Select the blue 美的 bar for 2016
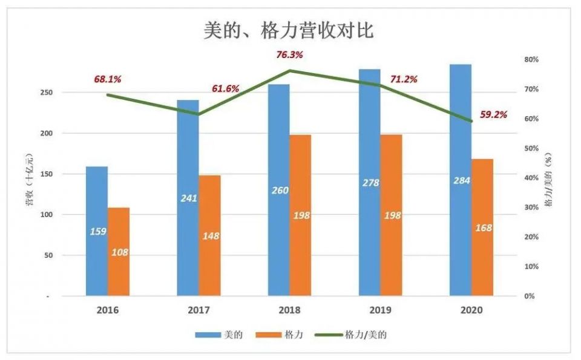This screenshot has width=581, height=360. [97, 200]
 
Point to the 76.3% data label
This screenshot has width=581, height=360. [289, 55]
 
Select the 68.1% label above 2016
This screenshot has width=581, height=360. [108, 79]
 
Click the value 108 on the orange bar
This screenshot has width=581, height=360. [119, 252]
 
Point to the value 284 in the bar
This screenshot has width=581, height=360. [461, 180]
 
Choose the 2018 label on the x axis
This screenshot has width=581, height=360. [289, 310]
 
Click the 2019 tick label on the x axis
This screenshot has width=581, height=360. [380, 310]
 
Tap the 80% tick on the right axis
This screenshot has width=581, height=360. [531, 59]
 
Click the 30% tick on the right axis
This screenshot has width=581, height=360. [531, 208]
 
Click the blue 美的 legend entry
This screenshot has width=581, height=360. [218, 334]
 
